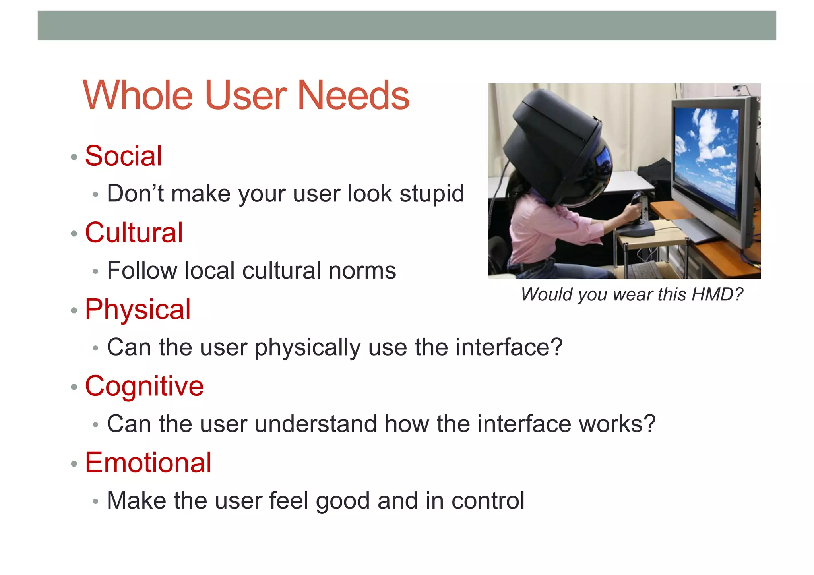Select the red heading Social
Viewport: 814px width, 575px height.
tap(123, 156)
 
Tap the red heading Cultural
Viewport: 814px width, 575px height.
tap(134, 232)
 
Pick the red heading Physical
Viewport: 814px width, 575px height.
tap(138, 309)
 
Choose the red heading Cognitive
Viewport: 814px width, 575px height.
tap(144, 386)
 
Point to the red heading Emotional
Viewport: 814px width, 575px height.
tap(148, 463)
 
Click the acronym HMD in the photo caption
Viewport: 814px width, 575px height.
tap(711, 294)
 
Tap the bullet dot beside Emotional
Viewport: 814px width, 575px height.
tap(74, 463)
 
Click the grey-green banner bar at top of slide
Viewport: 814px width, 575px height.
tap(407, 25)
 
